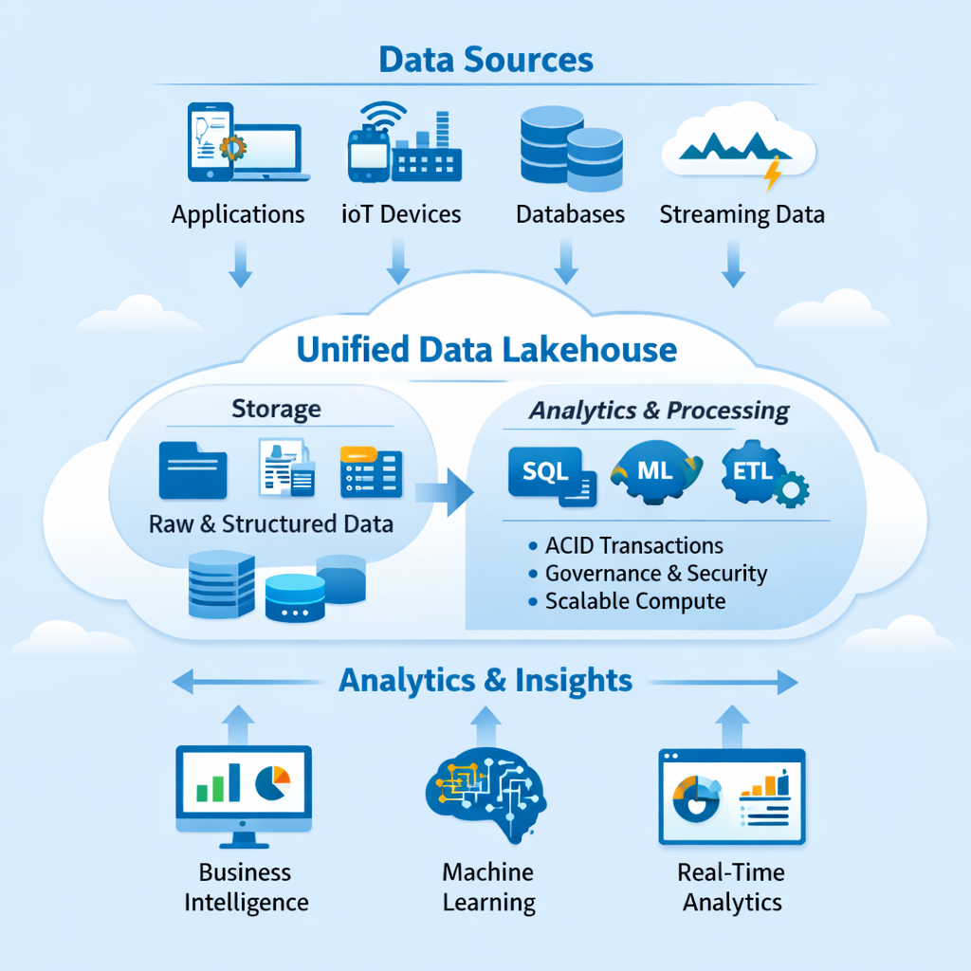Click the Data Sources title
tap(485, 59)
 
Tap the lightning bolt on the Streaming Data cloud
tap(774, 174)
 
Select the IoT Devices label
tap(400, 214)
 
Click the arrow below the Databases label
tap(566, 262)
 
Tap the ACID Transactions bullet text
tap(633, 546)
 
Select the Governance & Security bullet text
tap(655, 574)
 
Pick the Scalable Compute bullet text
tap(634, 601)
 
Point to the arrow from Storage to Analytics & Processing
tap(445, 491)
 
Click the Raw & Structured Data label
tap(271, 523)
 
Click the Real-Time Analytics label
tap(732, 887)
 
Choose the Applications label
tap(238, 214)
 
